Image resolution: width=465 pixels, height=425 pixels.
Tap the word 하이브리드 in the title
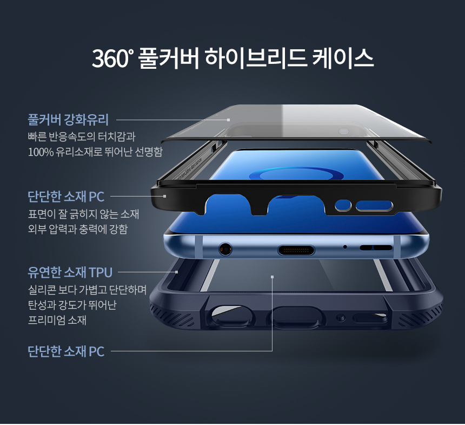tap(254, 58)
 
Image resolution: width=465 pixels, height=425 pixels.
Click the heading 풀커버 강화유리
tap(68, 119)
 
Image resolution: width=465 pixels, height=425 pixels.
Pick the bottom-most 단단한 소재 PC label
tap(66, 352)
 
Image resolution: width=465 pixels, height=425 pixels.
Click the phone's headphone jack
tap(225, 250)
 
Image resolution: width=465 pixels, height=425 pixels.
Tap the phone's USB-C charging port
tap(295, 250)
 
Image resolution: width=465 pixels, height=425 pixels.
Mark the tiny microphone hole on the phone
tap(345, 247)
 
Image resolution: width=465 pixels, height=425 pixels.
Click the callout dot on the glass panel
tap(229, 120)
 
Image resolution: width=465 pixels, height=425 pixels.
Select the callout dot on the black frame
tap(164, 196)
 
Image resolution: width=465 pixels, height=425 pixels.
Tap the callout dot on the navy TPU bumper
tap(177, 272)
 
